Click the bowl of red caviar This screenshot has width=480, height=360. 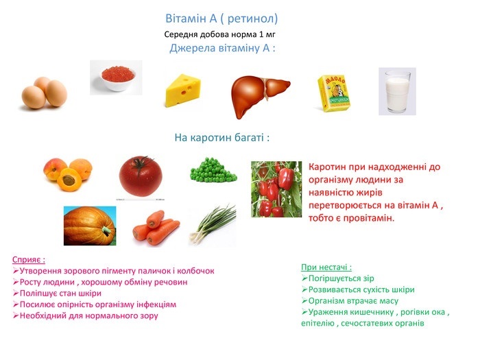pyautogui.click(x=118, y=78)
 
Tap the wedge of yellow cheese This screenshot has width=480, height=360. pyautogui.click(x=183, y=91)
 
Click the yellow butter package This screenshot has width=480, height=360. pyautogui.click(x=335, y=93)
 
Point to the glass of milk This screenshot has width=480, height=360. pyautogui.click(x=398, y=91)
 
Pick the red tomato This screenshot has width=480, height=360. pyautogui.click(x=141, y=176)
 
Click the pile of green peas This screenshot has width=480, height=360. pyautogui.click(x=213, y=170)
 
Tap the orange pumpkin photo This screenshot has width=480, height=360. pyautogui.click(x=90, y=226)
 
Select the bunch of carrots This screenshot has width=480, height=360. pyautogui.click(x=156, y=228)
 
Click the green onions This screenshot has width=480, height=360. pyautogui.click(x=213, y=225)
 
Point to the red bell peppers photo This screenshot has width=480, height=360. pyautogui.click(x=276, y=189)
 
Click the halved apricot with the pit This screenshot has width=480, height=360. pyautogui.click(x=69, y=180)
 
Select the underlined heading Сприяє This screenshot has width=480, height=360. pyautogui.click(x=29, y=260)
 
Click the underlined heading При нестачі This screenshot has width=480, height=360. pyautogui.click(x=326, y=267)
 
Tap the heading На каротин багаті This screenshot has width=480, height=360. pyautogui.click(x=222, y=138)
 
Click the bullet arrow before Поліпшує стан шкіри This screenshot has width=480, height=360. pyautogui.click(x=16, y=293)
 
